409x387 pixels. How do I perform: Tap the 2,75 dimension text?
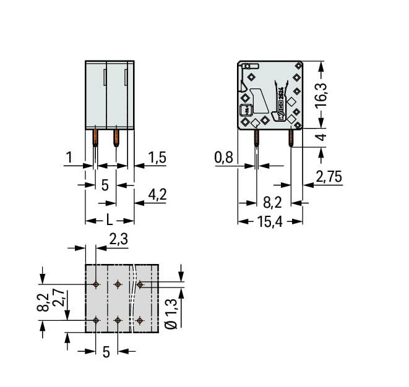(329, 178)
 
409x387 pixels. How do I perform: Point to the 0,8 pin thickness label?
(223, 158)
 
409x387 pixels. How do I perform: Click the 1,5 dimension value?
(157, 158)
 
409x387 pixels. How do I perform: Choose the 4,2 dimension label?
(157, 196)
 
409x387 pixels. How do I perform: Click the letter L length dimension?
(109, 219)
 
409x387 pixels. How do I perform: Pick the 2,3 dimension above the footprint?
(118, 239)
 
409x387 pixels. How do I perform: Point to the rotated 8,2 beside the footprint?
(43, 302)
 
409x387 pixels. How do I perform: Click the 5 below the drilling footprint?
(106, 352)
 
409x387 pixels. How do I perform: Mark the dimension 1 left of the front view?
(71, 158)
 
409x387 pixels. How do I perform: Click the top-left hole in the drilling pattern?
(96, 284)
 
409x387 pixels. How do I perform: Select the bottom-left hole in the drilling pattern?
(96, 320)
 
